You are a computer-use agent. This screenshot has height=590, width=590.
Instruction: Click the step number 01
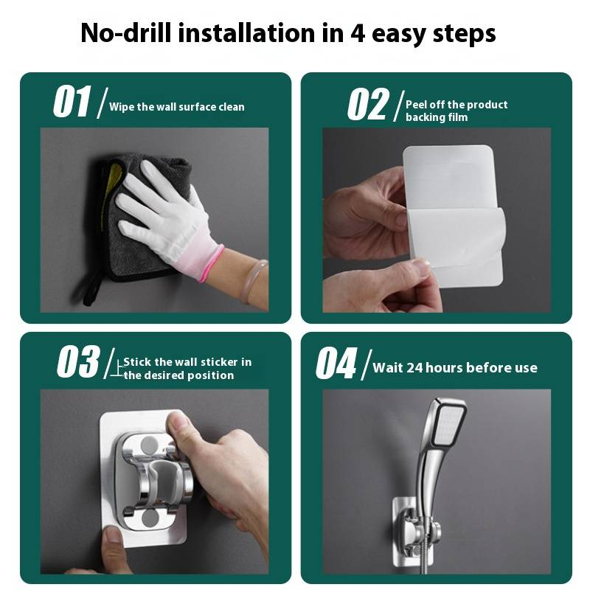72,101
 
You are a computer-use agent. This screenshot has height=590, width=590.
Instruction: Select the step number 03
78,361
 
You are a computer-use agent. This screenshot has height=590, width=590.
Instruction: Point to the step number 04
336,363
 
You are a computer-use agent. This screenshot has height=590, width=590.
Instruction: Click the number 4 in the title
358,33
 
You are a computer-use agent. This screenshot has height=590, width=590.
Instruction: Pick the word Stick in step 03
137,361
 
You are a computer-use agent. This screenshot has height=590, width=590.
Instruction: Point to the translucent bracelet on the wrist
253,282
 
